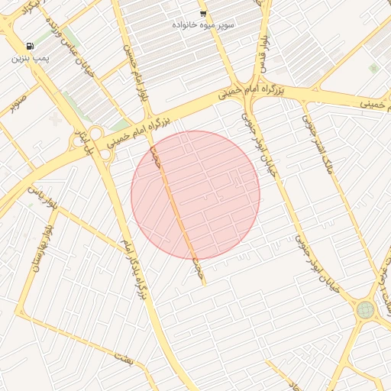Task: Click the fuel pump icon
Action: (29, 47)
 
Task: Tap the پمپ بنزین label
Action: (30, 59)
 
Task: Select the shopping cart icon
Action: (202, 14)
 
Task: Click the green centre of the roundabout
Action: (366, 309)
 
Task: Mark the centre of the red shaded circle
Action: (195, 195)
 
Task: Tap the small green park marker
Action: (373, 68)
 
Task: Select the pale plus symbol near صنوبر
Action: (54, 120)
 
